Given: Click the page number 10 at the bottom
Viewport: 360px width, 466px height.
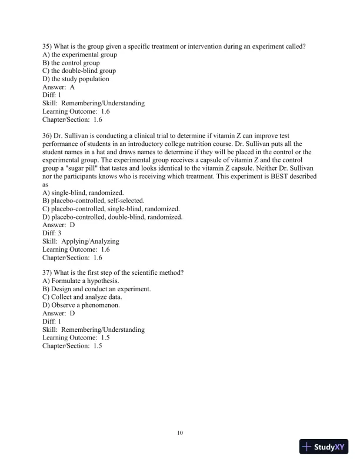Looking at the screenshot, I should click(x=180, y=433).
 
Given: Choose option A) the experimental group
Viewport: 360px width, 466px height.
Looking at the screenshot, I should click(x=80, y=54).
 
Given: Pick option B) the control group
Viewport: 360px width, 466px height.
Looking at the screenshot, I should click(x=71, y=62).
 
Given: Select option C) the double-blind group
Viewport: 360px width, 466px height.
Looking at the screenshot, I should click(x=79, y=71).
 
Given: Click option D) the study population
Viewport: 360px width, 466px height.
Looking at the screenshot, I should click(x=76, y=79).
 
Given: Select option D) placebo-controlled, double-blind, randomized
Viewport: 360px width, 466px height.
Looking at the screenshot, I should click(x=112, y=217).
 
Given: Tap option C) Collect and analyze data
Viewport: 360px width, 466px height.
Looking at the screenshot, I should click(x=82, y=297).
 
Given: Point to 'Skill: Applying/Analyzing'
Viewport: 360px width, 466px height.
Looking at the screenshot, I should click(x=81, y=241).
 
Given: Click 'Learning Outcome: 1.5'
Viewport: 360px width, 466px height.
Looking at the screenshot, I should click(x=72, y=338).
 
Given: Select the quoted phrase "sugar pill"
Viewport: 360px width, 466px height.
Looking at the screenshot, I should click(x=87, y=168).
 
